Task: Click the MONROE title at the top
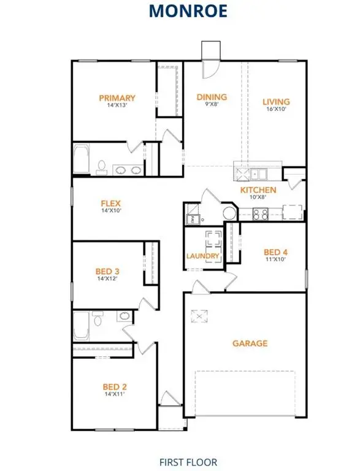[180, 11]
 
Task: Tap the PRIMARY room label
[117, 98]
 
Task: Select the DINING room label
[212, 97]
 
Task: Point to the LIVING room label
[276, 102]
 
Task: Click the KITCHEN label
[258, 190]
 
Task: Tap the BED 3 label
[107, 270]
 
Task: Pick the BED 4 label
[275, 252]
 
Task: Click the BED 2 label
[115, 386]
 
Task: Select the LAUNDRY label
[203, 256]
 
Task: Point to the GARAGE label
[250, 343]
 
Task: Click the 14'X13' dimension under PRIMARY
[117, 105]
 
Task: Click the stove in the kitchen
[260, 213]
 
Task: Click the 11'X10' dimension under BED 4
[275, 260]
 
